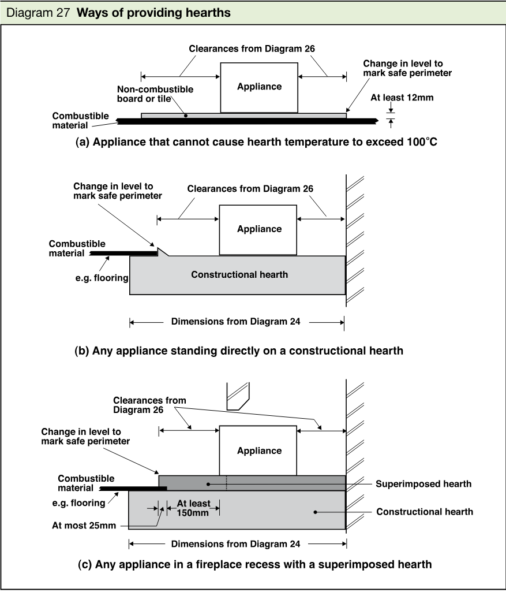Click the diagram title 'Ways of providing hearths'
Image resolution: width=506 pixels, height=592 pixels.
click(x=153, y=13)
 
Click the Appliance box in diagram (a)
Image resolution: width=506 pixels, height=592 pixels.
click(x=259, y=88)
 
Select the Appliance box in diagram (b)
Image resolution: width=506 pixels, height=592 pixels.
click(x=258, y=230)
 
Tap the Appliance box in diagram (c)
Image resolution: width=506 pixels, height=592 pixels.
click(x=258, y=450)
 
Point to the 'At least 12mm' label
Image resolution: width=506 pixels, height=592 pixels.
click(x=402, y=98)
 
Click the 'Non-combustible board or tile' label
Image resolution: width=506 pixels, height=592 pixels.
click(x=155, y=94)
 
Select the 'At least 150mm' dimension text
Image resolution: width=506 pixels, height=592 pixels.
click(x=193, y=508)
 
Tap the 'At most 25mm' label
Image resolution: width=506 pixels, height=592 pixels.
click(x=84, y=525)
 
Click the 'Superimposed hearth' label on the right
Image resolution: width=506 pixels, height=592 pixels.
click(x=423, y=484)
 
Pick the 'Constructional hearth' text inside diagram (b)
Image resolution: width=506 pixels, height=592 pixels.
click(x=239, y=274)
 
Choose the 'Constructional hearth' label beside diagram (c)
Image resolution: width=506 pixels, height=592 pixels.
click(x=425, y=512)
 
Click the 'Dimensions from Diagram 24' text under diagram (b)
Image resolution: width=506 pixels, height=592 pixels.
click(x=235, y=321)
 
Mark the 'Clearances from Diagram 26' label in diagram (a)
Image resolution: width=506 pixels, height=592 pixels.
click(x=252, y=49)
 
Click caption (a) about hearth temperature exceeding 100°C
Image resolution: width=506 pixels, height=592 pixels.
click(x=256, y=142)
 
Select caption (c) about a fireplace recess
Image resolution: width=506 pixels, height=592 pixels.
click(x=254, y=564)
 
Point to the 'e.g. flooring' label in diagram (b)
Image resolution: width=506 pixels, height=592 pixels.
click(x=102, y=278)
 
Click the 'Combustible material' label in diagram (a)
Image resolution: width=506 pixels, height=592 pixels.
click(x=80, y=121)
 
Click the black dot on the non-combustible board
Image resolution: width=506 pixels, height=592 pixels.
click(x=186, y=116)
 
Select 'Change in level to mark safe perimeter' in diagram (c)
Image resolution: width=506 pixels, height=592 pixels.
click(x=85, y=437)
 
